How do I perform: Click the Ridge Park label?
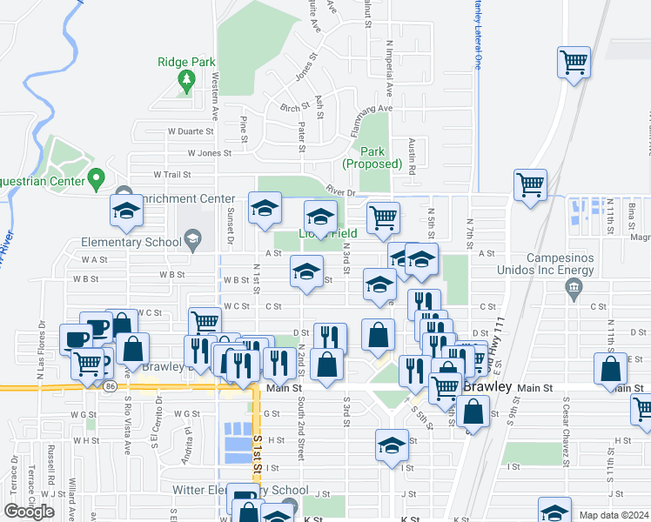point(186,62)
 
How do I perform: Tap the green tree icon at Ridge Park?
point(186,80)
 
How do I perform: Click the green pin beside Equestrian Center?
point(98,181)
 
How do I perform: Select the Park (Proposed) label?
point(372,157)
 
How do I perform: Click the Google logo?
point(29,511)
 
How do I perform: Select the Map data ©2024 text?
point(614,515)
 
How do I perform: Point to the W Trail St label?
point(171,174)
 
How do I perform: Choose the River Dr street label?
point(341,191)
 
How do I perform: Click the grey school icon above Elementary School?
point(191,239)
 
